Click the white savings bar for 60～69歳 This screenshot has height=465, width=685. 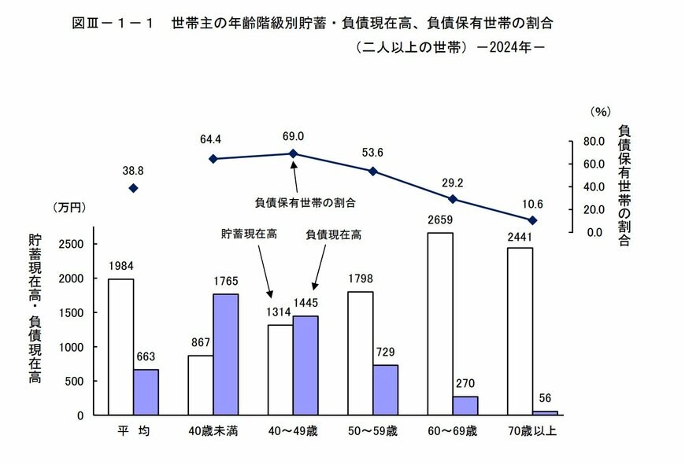point(440,323)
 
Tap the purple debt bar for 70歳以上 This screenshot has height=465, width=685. point(545,412)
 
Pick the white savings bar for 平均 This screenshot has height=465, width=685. point(121,346)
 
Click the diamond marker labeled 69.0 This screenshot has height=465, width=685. point(293,154)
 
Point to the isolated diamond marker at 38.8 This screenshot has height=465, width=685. point(133,188)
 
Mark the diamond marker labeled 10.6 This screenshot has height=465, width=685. point(533,220)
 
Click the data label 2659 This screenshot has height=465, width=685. point(440,221)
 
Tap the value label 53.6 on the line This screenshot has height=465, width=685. point(372,153)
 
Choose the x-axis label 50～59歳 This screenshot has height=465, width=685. point(372,431)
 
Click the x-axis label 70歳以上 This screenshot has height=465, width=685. point(532,431)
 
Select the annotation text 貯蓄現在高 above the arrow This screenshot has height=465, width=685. point(249,234)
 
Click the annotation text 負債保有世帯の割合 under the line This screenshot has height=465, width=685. point(305,202)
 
